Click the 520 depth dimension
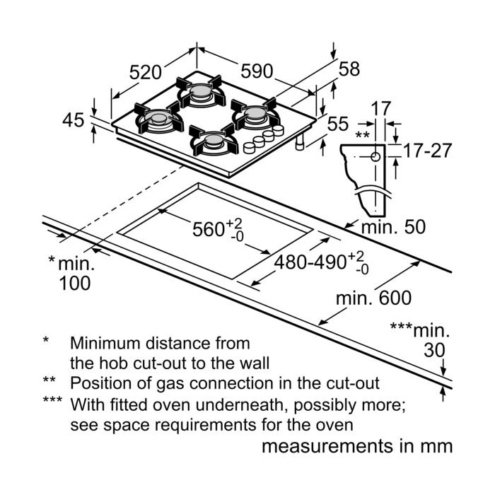point(146,72)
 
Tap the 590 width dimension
point(257,71)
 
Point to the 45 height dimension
point(72,120)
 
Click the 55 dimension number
point(338,124)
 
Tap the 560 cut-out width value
point(213,231)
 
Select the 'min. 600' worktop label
point(373,298)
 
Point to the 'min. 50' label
point(394,228)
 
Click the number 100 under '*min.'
point(74,283)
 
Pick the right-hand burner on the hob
point(255,115)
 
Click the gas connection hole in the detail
point(373,156)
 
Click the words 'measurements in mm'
point(356,446)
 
